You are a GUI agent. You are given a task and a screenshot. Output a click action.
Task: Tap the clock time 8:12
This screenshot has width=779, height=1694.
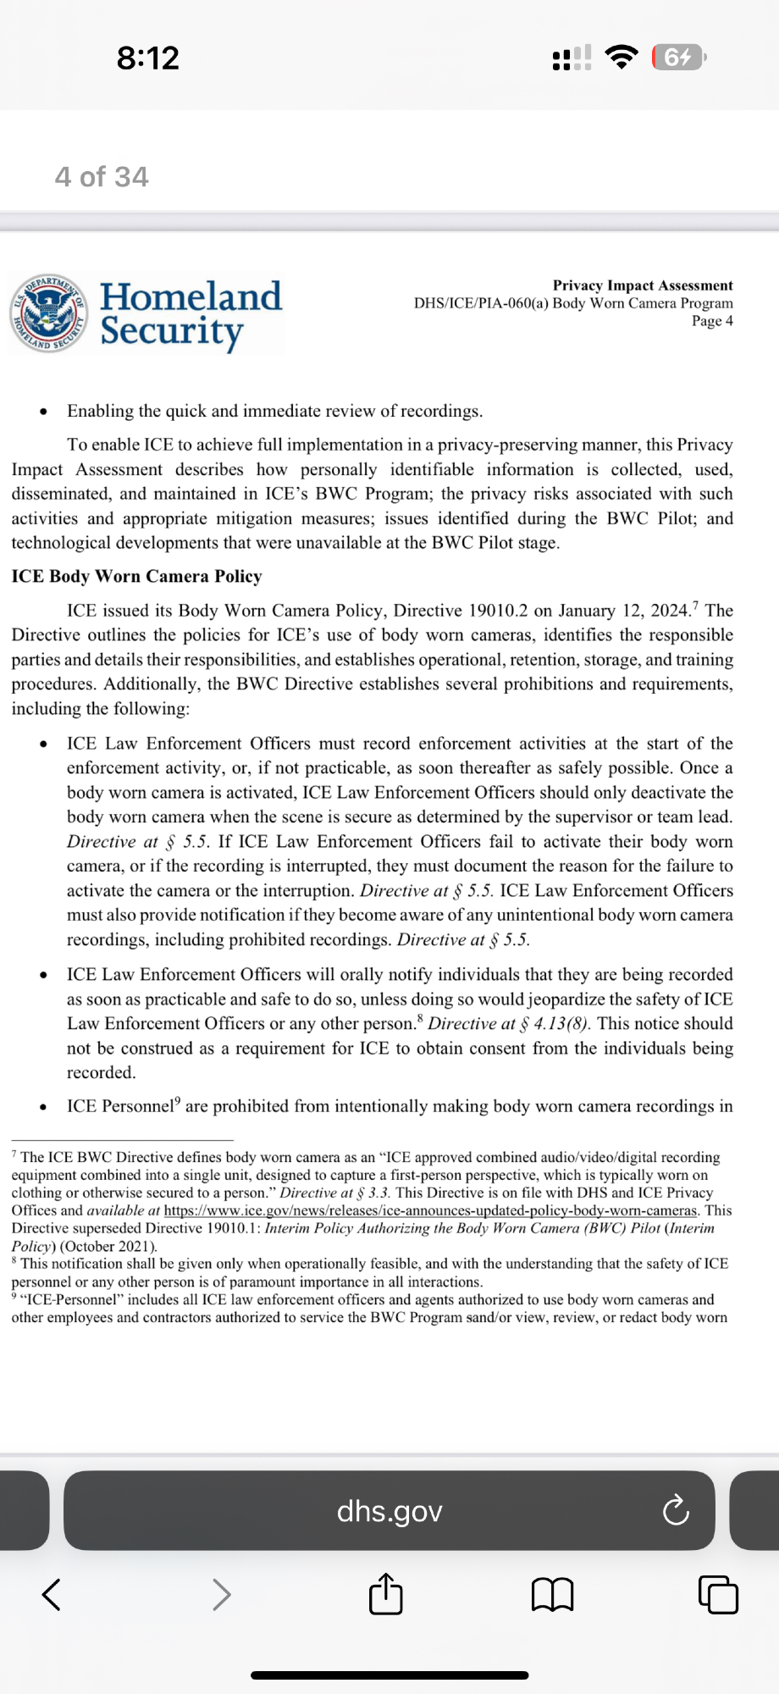[x=148, y=58]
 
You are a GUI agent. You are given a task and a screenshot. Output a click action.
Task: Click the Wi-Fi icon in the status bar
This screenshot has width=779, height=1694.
[x=622, y=57]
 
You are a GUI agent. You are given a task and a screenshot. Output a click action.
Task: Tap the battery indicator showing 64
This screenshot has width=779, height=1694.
[x=678, y=58]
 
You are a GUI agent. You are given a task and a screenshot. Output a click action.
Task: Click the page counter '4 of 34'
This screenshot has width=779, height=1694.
[x=102, y=176]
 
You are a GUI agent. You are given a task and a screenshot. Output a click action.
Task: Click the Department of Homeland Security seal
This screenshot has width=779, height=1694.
[x=48, y=313]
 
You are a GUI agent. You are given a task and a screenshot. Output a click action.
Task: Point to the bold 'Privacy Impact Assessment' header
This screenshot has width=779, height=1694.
[x=643, y=285]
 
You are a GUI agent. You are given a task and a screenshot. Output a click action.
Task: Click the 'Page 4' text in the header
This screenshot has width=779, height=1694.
[x=712, y=320]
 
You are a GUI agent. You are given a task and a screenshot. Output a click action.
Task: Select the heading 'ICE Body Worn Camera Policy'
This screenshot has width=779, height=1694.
[x=136, y=576]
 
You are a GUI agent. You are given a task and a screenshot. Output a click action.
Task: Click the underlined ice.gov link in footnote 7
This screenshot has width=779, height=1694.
[x=430, y=1210]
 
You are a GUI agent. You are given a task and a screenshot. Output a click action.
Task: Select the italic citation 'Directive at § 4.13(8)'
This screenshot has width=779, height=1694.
[x=508, y=1023]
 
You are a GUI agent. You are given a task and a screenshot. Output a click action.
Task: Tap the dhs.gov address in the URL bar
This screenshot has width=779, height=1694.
[x=389, y=1511]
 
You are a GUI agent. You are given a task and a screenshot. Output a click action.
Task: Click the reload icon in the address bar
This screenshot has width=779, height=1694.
[x=676, y=1511]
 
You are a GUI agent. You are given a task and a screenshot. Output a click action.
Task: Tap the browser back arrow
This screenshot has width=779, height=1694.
[x=51, y=1594]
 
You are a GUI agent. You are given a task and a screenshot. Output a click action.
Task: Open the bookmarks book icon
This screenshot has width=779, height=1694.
[x=553, y=1595]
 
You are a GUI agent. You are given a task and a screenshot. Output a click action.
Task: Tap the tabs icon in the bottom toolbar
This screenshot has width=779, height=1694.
[x=718, y=1595]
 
